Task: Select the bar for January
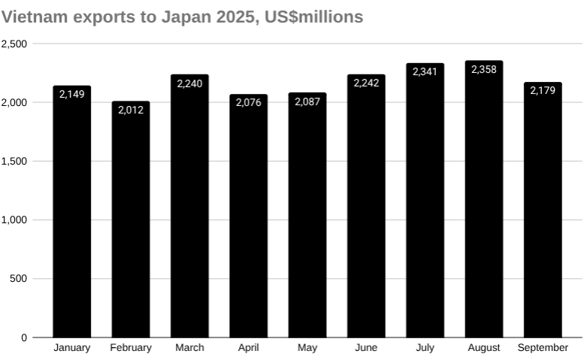[71, 214]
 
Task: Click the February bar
[131, 222]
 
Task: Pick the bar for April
[248, 218]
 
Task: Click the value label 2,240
[189, 83]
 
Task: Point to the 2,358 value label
[484, 69]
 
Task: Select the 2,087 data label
[307, 101]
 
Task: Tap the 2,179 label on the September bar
[543, 90]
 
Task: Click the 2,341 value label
[425, 71]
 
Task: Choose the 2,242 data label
[366, 83]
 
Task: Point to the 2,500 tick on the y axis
[14, 44]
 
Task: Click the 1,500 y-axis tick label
[14, 161]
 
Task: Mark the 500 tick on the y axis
[19, 279]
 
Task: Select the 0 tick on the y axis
[24, 337]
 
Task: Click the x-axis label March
[189, 348]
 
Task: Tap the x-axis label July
[425, 348]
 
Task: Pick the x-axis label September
[543, 348]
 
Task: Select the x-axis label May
[307, 348]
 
